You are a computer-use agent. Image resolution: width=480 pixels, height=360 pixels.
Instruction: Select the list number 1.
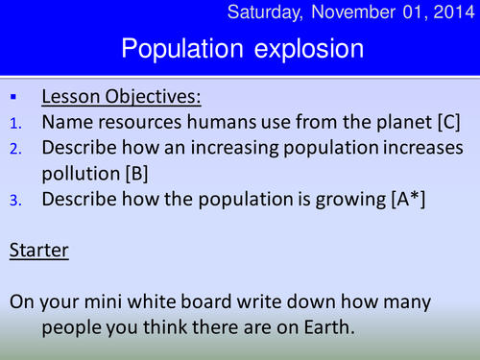[13, 123]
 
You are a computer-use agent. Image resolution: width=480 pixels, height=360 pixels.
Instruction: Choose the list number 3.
[13, 200]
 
